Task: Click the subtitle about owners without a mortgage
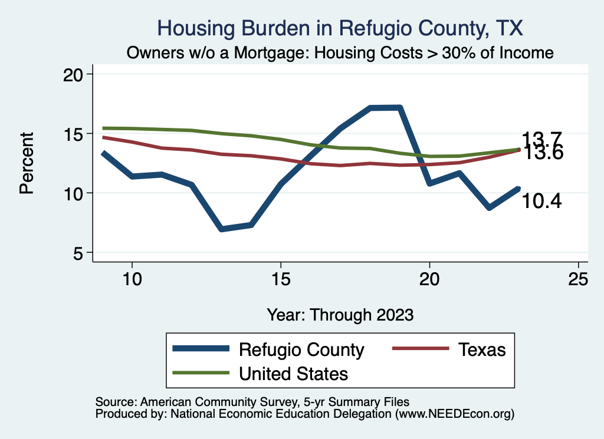[340, 53]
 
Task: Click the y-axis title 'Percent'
[26, 163]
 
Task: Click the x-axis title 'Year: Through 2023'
[340, 314]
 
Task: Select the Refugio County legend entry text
[301, 349]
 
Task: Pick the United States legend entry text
[293, 373]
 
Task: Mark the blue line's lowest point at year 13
[221, 229]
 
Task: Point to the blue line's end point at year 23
[518, 189]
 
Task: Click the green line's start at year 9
[103, 128]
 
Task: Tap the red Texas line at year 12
[191, 150]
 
